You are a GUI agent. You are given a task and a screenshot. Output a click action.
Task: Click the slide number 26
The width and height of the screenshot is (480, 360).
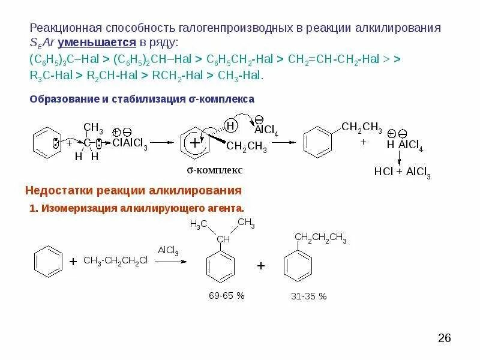444,338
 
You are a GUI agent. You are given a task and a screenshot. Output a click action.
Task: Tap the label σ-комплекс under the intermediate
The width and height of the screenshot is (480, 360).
214,170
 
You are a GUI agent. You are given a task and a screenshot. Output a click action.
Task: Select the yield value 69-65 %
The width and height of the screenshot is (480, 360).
227,296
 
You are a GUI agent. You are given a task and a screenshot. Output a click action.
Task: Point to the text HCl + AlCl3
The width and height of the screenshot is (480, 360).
402,171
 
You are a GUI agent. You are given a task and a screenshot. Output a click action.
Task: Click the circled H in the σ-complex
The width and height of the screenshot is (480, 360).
231,125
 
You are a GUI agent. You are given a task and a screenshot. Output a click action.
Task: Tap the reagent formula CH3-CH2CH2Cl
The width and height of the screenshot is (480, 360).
115,261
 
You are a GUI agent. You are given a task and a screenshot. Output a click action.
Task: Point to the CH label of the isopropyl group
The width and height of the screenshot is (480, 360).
223,239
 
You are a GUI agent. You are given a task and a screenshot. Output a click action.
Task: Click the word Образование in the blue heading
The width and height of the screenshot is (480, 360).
59,98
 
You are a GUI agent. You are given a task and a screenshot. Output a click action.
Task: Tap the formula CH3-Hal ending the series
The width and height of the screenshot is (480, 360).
244,76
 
